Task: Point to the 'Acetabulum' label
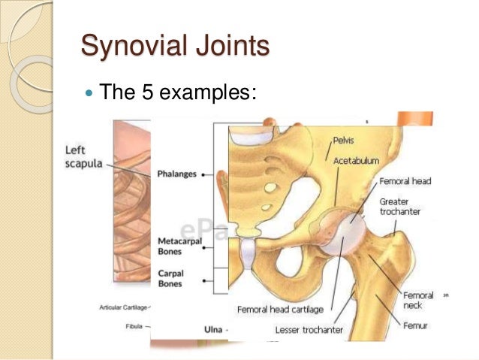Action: (x=357, y=160)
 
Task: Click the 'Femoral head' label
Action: (x=405, y=181)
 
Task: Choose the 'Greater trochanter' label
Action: (x=400, y=207)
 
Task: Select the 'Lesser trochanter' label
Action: (x=318, y=330)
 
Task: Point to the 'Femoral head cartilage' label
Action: (x=280, y=309)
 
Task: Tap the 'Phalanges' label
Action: (x=176, y=174)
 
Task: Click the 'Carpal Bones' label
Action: (x=171, y=278)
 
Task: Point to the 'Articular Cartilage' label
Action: (x=123, y=307)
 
